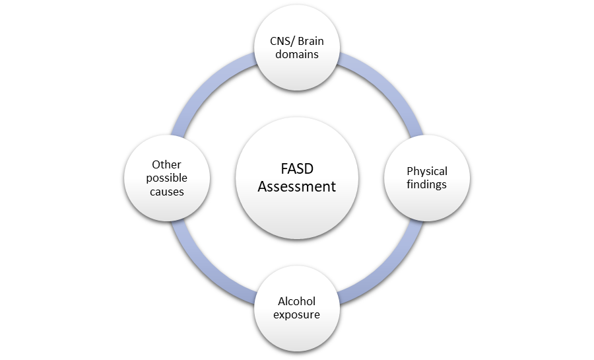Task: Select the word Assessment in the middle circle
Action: [x=296, y=187]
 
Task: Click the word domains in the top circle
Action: [x=297, y=54]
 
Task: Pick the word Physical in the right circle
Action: [x=426, y=172]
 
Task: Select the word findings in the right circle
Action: [x=426, y=184]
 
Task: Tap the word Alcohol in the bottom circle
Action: [x=297, y=302]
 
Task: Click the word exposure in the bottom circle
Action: [x=297, y=314]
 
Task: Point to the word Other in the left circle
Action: [x=166, y=165]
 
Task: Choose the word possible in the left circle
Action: [x=166, y=178]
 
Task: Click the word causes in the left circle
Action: [x=166, y=191]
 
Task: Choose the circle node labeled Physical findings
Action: [x=426, y=198]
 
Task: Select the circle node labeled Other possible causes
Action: [x=166, y=205]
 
